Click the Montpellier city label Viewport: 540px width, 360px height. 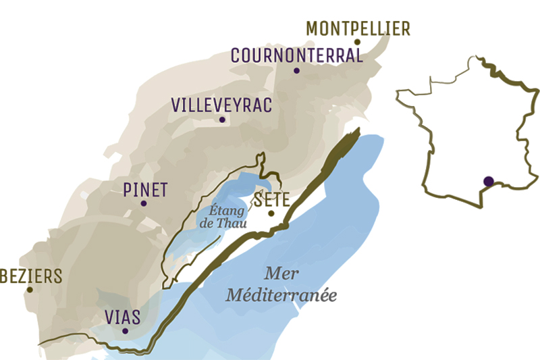click(358, 28)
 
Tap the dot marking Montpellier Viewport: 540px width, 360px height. click(358, 42)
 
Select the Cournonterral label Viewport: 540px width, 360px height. click(297, 55)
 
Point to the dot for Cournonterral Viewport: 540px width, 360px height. click(296, 70)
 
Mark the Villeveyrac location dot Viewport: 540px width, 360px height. click(221, 120)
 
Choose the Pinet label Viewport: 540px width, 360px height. click(145, 189)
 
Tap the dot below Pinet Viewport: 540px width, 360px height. click(144, 203)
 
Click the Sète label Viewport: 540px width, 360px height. click(271, 199)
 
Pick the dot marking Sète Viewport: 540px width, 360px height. click(271, 213)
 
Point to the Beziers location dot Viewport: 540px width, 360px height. click(29, 290)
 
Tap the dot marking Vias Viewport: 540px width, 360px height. click(126, 331)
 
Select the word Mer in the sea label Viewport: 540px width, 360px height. click(282, 274)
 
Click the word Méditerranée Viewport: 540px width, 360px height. click(281, 295)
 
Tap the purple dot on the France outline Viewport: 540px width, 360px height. click(488, 180)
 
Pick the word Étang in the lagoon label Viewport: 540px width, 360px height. click(224, 211)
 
